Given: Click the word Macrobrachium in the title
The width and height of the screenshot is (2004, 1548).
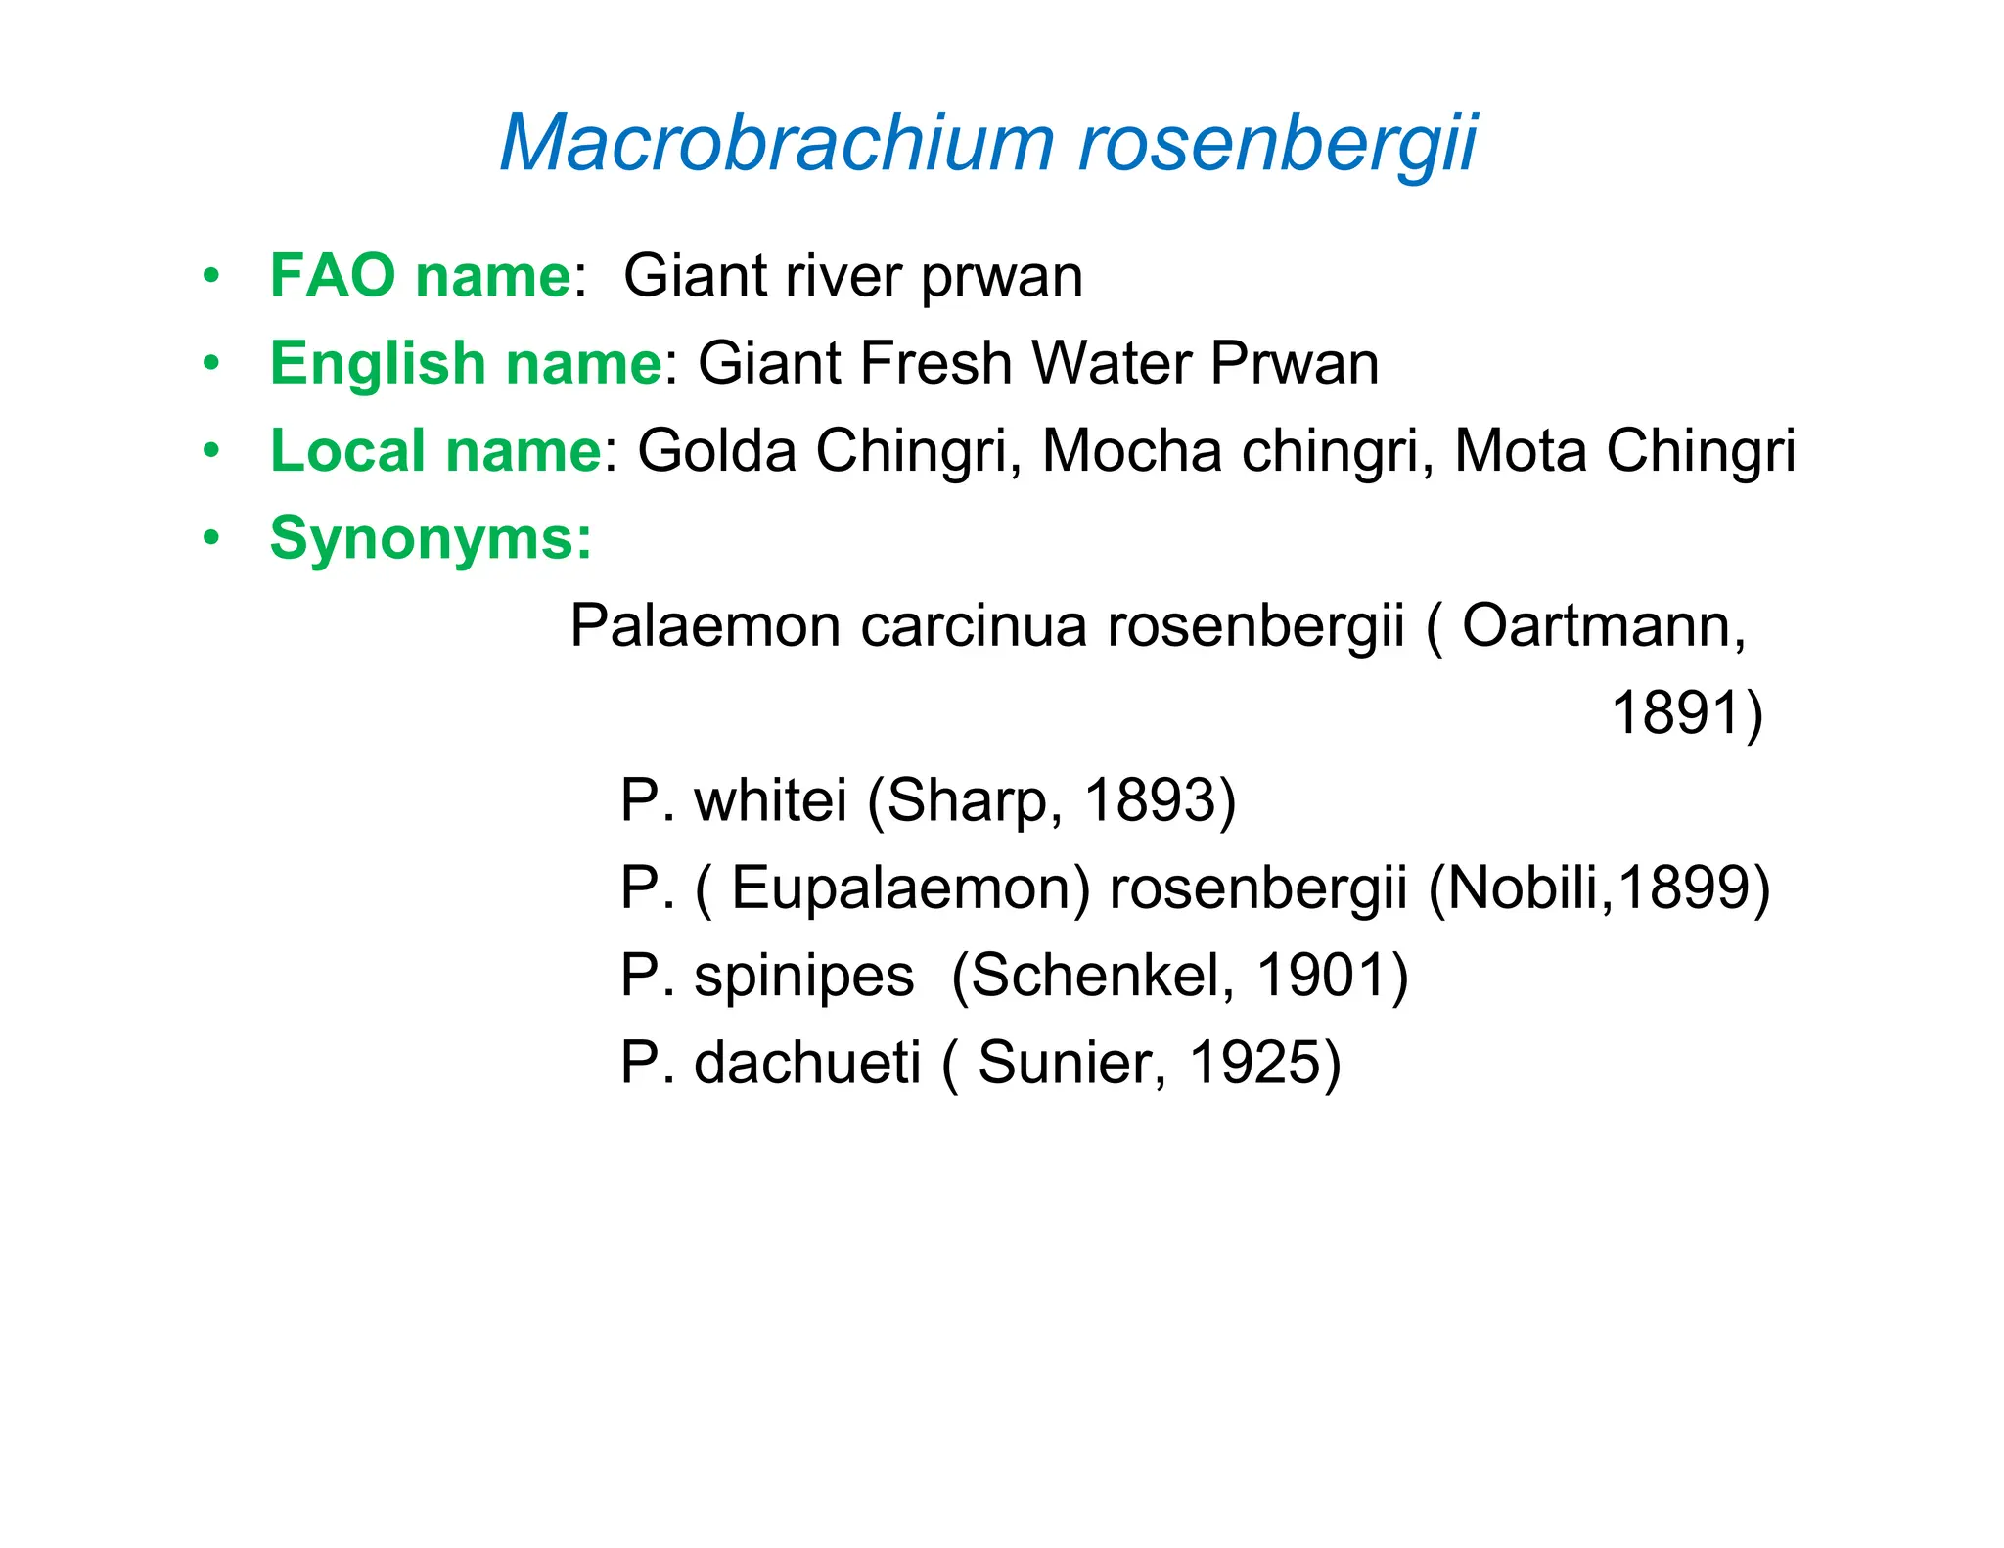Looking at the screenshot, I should [x=776, y=143].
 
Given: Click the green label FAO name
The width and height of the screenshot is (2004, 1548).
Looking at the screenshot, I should [x=420, y=276].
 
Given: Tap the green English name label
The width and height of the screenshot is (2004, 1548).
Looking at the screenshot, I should [x=466, y=363].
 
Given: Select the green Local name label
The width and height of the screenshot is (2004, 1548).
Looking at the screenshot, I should [x=435, y=451].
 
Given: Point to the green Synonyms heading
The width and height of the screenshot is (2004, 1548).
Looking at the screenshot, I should [x=431, y=538].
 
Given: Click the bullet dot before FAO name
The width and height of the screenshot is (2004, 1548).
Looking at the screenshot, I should [x=211, y=277].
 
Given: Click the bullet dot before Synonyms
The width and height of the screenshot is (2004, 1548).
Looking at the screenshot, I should [x=211, y=539].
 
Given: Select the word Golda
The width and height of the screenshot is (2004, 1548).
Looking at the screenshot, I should [x=717, y=451].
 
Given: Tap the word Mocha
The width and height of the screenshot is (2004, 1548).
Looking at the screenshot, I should [x=1131, y=451].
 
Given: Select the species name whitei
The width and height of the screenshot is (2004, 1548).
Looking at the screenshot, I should [x=770, y=800].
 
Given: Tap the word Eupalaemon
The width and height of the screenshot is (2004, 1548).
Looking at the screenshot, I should [x=910, y=888].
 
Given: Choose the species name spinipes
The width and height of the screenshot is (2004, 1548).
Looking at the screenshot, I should [x=803, y=976].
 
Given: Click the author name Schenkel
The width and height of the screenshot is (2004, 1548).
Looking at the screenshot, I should [x=1101, y=976].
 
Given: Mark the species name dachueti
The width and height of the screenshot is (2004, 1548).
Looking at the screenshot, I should [x=807, y=1063].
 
